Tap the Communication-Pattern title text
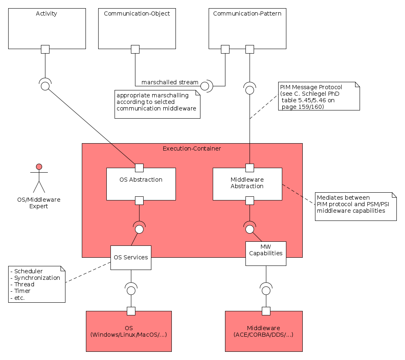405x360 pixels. point(247,13)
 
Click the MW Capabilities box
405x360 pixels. point(266,253)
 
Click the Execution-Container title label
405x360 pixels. point(192,148)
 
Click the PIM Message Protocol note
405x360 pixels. point(319,97)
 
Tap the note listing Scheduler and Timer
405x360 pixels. point(37,284)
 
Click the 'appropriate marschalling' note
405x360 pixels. point(157,104)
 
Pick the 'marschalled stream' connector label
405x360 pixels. point(170,82)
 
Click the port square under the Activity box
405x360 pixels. point(45,49)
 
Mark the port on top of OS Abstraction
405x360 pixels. point(139,168)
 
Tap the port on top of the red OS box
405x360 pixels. point(131,311)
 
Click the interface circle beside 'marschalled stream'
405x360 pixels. point(205,86)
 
